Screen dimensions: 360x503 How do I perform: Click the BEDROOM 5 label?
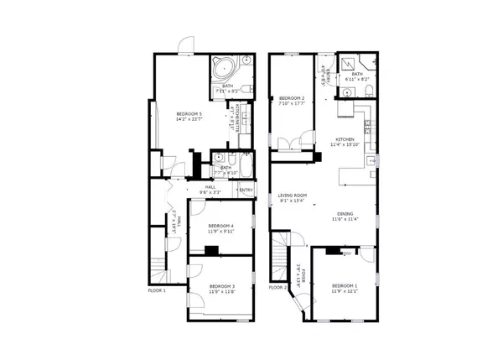(x=188, y=113)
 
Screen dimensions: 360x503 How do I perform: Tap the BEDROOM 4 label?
(x=220, y=226)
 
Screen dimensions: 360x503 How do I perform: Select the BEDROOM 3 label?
(x=220, y=286)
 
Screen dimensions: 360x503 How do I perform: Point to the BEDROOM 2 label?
(x=291, y=98)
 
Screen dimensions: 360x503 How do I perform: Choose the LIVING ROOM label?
(x=293, y=196)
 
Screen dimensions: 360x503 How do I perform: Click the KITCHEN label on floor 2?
(x=345, y=139)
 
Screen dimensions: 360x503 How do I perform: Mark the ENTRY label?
(x=246, y=190)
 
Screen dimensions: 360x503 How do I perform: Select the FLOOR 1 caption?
(x=157, y=290)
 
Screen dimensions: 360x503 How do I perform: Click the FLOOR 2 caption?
(x=278, y=287)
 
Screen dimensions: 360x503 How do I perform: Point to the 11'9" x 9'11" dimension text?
(x=220, y=232)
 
